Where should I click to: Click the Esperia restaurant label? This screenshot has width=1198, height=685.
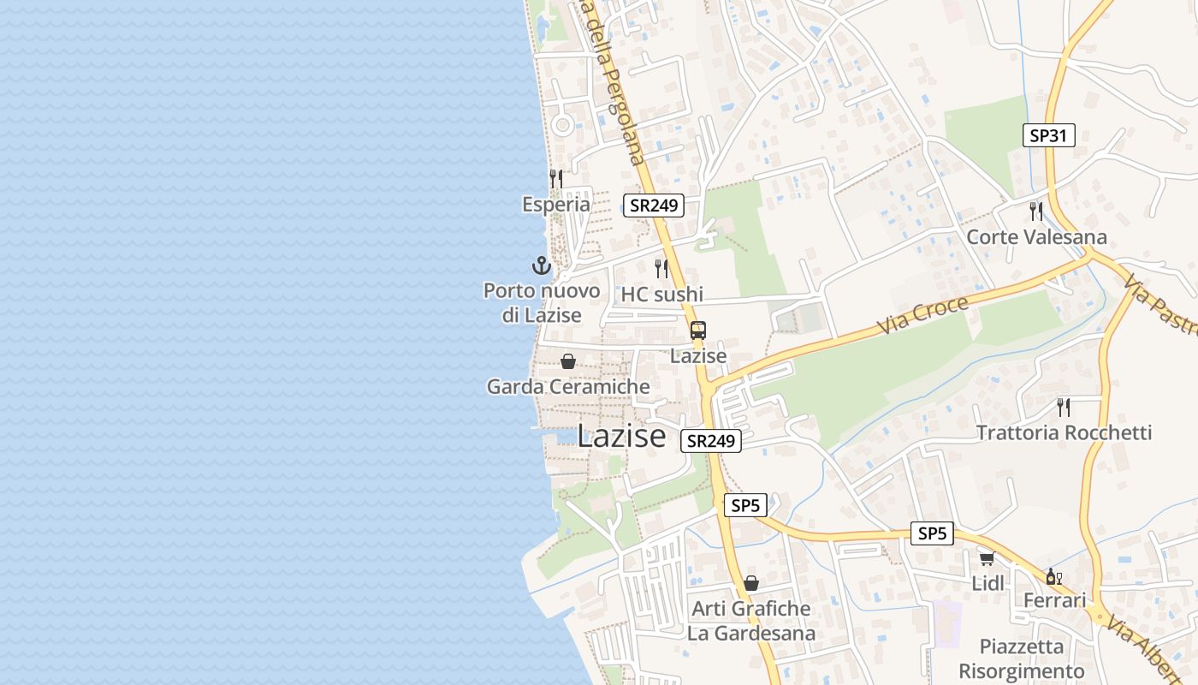pos(556,204)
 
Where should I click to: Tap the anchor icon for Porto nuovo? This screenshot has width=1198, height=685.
pos(541,265)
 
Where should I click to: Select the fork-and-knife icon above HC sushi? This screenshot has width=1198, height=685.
pos(661,269)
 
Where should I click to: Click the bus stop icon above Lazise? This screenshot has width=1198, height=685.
pos(698,331)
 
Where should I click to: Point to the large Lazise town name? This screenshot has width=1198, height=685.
pos(621,436)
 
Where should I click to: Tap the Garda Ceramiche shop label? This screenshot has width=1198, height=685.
pos(568,386)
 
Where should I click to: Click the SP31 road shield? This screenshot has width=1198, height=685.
pos(1049,135)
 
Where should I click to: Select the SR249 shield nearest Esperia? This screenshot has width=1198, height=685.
pos(654,205)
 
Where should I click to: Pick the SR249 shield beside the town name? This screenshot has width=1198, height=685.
pos(711,441)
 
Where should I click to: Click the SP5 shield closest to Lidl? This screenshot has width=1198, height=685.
pos(932,533)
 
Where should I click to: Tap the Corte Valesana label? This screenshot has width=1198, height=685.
pos(1036,236)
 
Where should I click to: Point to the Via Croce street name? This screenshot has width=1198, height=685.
pos(923,315)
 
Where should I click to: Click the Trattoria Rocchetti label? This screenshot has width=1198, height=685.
pos(1064,432)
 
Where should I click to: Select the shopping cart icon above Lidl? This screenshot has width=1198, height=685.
pos(987,558)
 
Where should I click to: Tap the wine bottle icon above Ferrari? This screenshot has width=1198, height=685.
pos(1053,576)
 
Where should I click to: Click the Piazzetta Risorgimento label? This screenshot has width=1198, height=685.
pos(1021,658)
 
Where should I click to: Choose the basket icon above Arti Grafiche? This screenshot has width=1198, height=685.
pos(751,583)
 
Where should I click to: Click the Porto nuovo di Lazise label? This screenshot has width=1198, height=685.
pos(542,302)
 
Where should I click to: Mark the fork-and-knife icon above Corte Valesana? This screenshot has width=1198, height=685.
pos(1036,211)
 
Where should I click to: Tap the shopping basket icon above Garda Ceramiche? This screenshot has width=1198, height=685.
pos(568,361)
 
